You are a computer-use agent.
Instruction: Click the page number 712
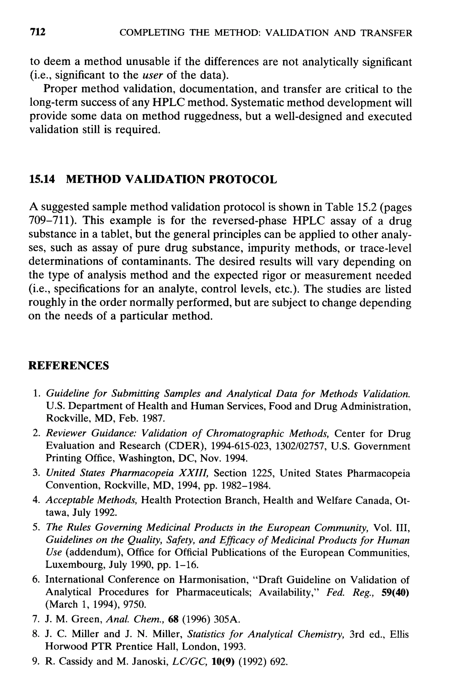point(38,32)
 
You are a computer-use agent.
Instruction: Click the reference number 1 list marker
point(36,394)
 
